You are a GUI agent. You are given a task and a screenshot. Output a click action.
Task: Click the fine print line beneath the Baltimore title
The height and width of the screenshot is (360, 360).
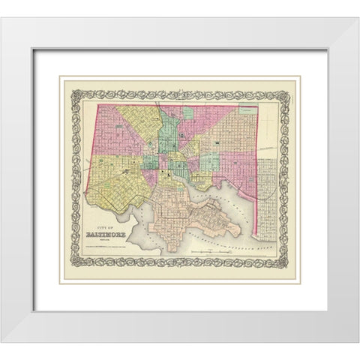106,240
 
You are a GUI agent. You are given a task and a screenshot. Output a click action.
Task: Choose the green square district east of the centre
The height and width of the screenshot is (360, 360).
210,161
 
